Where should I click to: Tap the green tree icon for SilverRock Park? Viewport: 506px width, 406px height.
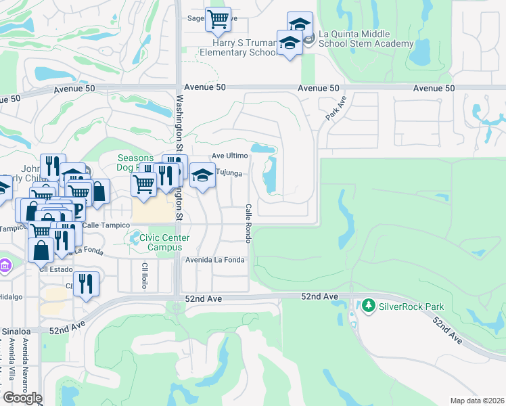pos(368,307)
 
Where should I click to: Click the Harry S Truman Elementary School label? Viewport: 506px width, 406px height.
pos(241,47)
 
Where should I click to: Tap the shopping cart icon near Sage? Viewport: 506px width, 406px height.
pos(218,20)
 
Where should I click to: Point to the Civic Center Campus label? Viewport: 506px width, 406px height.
pos(164,243)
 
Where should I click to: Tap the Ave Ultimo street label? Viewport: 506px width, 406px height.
pos(230,156)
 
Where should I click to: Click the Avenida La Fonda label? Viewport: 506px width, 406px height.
pos(214,259)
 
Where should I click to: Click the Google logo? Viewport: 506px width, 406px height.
pos(22,398)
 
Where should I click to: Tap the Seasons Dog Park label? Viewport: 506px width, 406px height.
pos(135,163)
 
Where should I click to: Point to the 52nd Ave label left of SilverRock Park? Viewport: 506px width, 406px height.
pos(319,297)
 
